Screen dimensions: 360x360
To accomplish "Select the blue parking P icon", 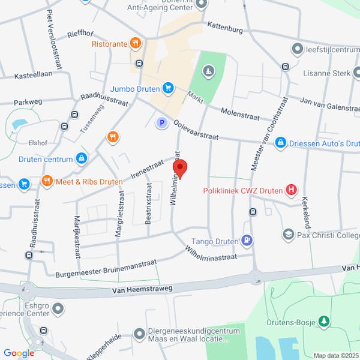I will [161, 123].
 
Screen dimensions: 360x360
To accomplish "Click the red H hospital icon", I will [292, 191].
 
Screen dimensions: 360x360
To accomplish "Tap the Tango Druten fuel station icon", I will [246, 241].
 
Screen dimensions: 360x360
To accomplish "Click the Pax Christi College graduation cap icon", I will [288, 235].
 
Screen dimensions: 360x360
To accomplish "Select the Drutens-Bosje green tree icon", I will [324, 323].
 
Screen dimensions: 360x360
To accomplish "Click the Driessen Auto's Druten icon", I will [280, 143].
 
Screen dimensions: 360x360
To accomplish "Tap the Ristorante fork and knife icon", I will [136, 43].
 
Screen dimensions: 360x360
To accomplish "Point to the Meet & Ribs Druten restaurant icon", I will [47, 181].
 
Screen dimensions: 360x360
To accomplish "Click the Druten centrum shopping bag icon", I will [82, 159].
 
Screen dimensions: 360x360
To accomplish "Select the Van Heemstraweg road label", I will [142, 290].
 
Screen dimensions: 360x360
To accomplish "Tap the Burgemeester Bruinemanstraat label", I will [106, 268].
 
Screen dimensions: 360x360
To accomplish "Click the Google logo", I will [19, 353].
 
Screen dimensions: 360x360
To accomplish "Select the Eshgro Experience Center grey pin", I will [58, 309].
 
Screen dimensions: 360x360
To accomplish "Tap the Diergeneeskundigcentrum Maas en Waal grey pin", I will [139, 332].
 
